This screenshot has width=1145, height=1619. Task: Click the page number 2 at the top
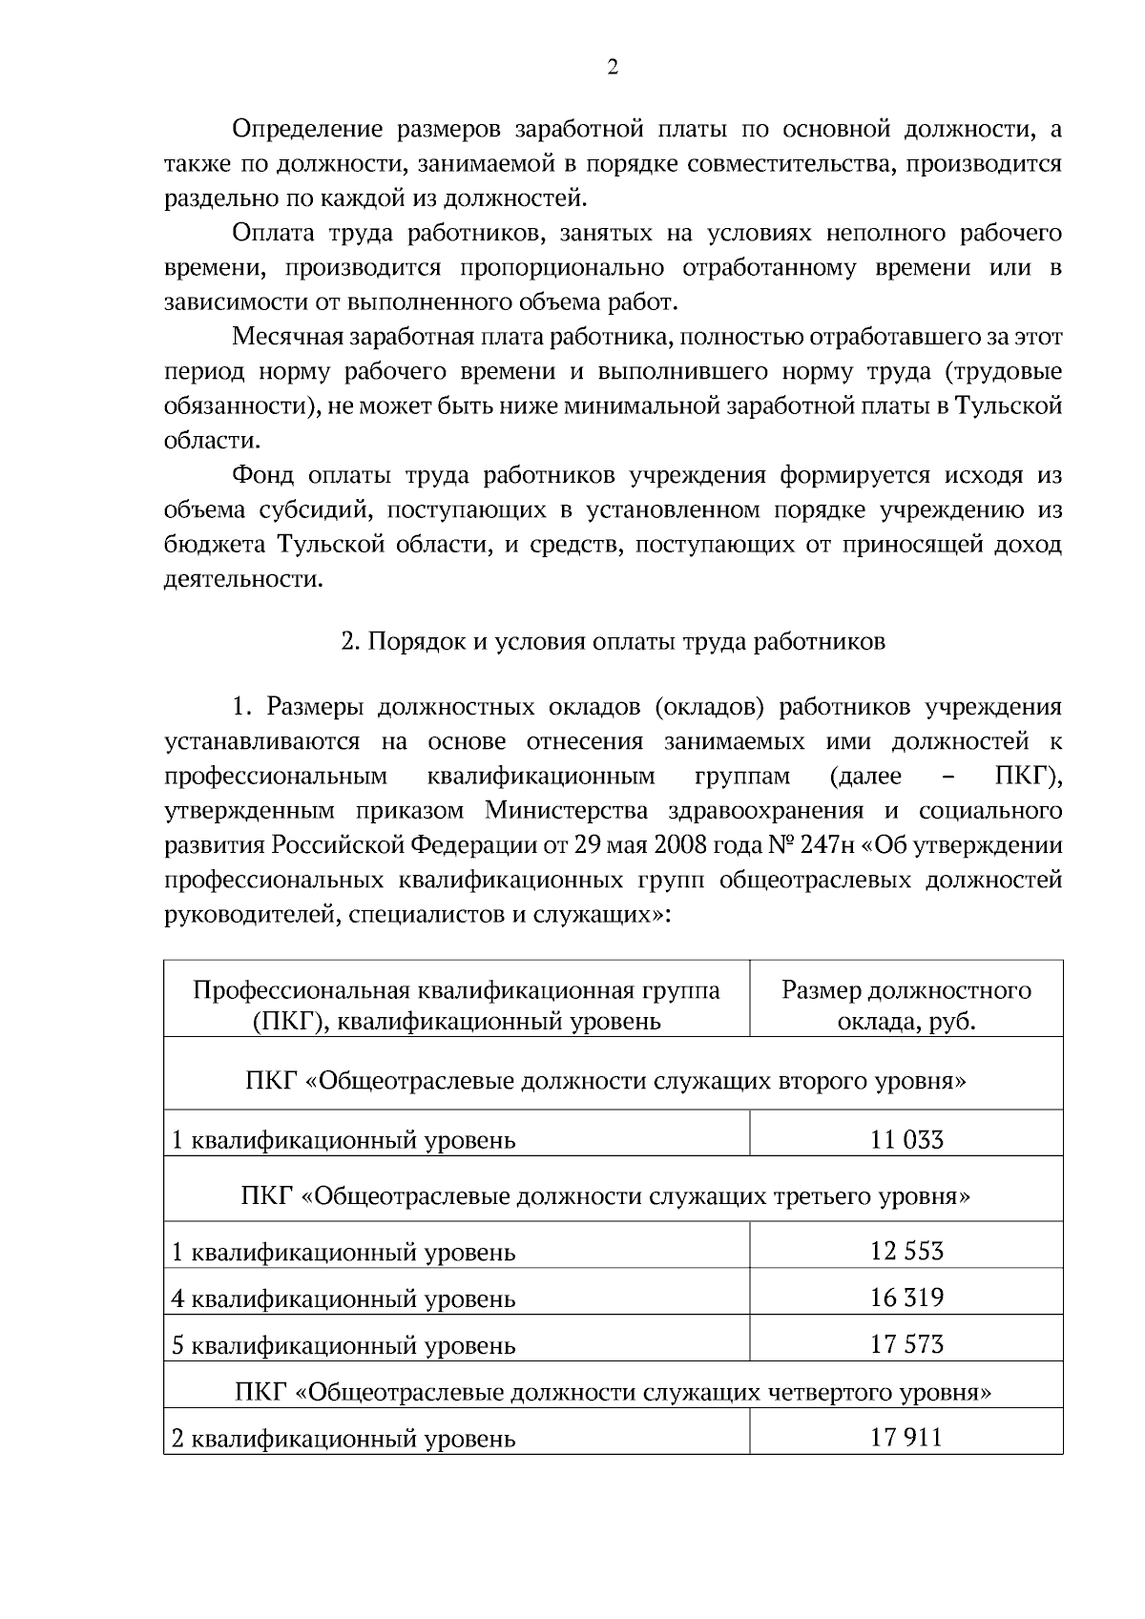pyautogui.click(x=613, y=67)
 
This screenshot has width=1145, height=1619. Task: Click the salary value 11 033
pyautogui.click(x=906, y=1139)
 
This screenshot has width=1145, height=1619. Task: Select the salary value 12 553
pyautogui.click(x=906, y=1251)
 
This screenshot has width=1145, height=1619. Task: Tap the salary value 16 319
pyautogui.click(x=906, y=1297)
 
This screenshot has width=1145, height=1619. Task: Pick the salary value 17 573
pyautogui.click(x=906, y=1344)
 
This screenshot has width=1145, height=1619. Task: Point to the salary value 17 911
pyautogui.click(x=906, y=1437)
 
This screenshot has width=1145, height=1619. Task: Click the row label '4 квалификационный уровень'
pyautogui.click(x=343, y=1298)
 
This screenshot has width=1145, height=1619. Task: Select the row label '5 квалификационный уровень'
pyautogui.click(x=343, y=1345)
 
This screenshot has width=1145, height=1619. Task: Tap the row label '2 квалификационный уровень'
pyautogui.click(x=343, y=1438)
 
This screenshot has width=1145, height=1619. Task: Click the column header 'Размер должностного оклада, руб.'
pyautogui.click(x=906, y=1006)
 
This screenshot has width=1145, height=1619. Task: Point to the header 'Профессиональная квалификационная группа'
pyautogui.click(x=456, y=990)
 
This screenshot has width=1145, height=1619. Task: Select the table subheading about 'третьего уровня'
pyautogui.click(x=605, y=1194)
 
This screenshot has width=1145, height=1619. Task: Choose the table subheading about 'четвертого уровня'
pyautogui.click(x=613, y=1391)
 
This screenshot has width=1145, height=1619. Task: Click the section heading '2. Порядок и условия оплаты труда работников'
pyautogui.click(x=613, y=641)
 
